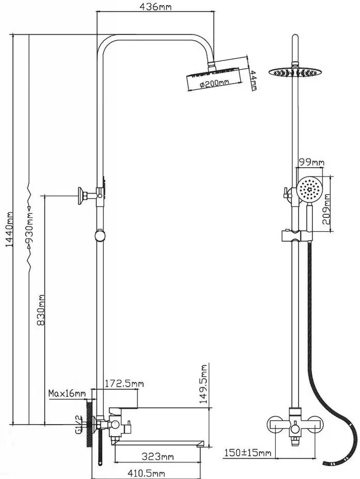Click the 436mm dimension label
tap(155, 7)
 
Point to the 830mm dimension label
tap(41, 310)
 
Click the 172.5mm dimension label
tap(124, 384)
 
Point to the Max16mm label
tap(67, 394)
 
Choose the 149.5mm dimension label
tap(204, 382)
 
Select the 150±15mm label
tap(247, 453)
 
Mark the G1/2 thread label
tap(79, 424)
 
